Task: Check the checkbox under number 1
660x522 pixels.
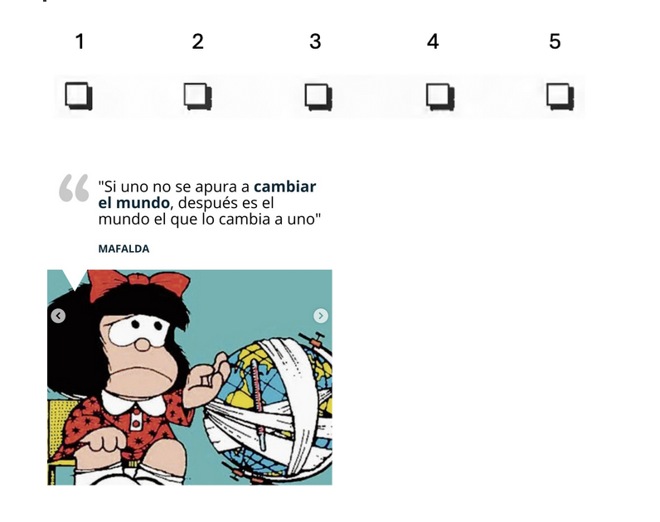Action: tap(79, 96)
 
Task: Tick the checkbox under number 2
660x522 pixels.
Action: tap(198, 96)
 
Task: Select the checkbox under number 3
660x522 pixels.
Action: tap(318, 97)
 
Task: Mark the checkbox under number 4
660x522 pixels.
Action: tap(440, 97)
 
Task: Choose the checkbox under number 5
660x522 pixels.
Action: tap(561, 96)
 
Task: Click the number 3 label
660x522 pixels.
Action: tap(315, 41)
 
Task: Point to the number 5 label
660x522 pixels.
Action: tap(555, 41)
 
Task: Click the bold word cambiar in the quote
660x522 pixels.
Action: tap(285, 186)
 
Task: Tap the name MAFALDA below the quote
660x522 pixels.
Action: tap(124, 249)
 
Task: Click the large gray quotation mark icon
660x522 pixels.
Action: tap(74, 187)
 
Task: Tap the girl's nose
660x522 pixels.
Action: tap(143, 344)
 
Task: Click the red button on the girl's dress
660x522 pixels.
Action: tap(135, 419)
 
